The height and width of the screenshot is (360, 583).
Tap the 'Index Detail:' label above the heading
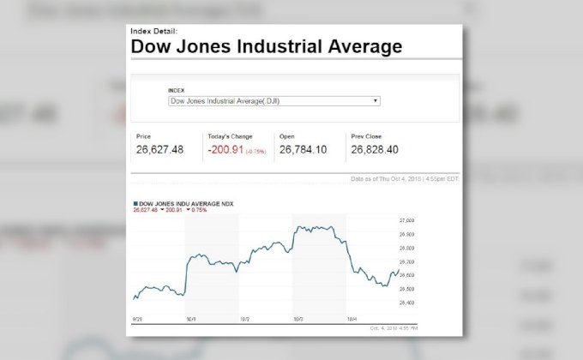click(x=154, y=32)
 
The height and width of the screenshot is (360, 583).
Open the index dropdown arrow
click(x=376, y=100)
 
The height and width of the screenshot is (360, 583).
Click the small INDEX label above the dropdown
click(x=175, y=89)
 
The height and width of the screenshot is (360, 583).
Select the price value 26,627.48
click(x=159, y=149)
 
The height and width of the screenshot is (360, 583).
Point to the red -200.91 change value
click(x=225, y=149)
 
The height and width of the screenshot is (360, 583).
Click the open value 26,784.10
click(x=303, y=149)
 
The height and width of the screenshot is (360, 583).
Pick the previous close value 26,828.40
click(x=375, y=149)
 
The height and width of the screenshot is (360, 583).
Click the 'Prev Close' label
click(x=366, y=136)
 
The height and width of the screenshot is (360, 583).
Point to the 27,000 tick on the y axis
click(x=407, y=220)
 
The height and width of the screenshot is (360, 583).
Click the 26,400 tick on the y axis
click(x=407, y=303)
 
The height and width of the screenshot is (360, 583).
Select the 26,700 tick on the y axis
click(x=407, y=261)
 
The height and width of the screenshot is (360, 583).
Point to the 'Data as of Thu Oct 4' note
click(x=405, y=179)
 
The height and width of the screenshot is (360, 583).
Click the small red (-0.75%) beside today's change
click(x=255, y=151)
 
